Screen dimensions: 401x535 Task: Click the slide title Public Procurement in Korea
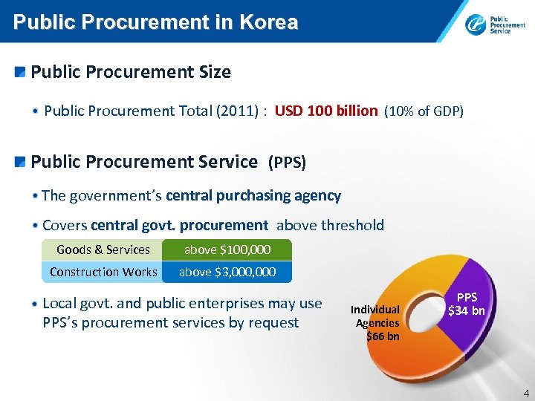tap(155, 22)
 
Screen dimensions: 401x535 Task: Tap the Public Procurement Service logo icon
tap(476, 25)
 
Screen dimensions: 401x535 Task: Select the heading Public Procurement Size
tap(131, 72)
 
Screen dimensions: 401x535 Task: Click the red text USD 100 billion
tap(326, 111)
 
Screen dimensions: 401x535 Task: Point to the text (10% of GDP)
tap(424, 111)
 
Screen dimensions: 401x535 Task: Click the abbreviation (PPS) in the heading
tap(287, 162)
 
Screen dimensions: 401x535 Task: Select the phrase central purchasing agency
tap(253, 196)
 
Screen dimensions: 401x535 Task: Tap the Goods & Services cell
tap(103, 250)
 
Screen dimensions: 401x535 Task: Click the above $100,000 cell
tap(227, 250)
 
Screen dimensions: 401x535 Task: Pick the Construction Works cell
tap(103, 272)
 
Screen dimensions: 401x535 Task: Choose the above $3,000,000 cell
tap(227, 272)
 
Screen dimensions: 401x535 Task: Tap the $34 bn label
tap(466, 310)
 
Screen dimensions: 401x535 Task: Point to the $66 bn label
tap(383, 336)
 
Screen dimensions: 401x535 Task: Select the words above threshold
tap(331, 225)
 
